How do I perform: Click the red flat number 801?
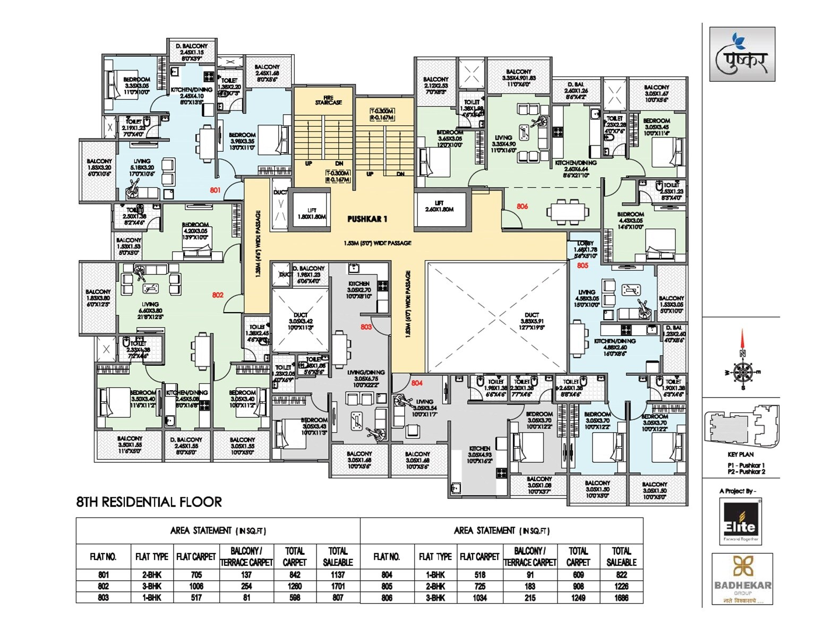(x=215, y=190)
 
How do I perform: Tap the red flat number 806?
(x=523, y=206)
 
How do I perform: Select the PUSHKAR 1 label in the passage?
(x=367, y=219)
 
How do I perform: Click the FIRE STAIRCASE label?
(x=328, y=100)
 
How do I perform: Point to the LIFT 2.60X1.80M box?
(x=440, y=206)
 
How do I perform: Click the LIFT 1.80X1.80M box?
(x=312, y=213)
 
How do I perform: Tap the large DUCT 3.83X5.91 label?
(x=532, y=321)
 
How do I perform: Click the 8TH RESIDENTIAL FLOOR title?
(x=149, y=502)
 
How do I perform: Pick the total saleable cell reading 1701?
(x=338, y=586)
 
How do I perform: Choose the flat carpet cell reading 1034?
(x=480, y=598)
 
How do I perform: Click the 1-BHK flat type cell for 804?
(x=435, y=575)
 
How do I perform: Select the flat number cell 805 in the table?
(x=387, y=586)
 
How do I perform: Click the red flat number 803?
(x=366, y=327)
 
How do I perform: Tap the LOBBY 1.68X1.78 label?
(x=585, y=249)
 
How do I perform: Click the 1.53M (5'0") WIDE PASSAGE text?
(x=378, y=243)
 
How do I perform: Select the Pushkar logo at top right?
(x=742, y=55)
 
